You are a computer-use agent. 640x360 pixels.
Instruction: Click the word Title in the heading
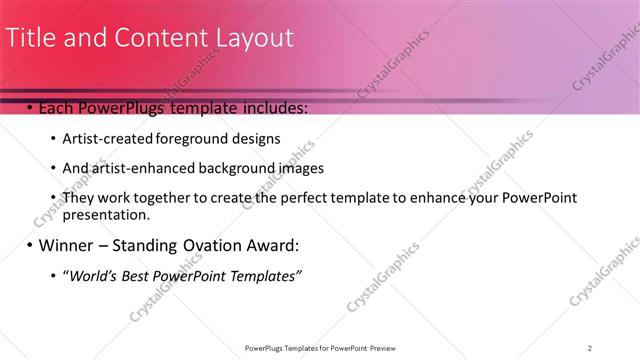pyautogui.click(x=31, y=38)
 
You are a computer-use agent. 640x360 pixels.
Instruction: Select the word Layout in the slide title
pyautogui.click(x=255, y=38)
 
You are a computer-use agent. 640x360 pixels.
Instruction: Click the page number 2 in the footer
pyautogui.click(x=590, y=347)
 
